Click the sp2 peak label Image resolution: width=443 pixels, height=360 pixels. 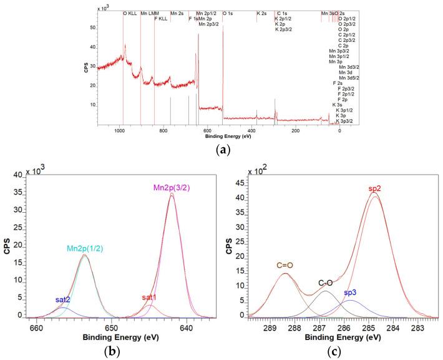(374, 187)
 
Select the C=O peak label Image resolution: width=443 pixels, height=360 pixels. (285, 265)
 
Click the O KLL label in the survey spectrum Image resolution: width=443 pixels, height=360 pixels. (130, 13)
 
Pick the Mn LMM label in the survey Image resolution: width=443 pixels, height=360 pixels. (149, 13)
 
